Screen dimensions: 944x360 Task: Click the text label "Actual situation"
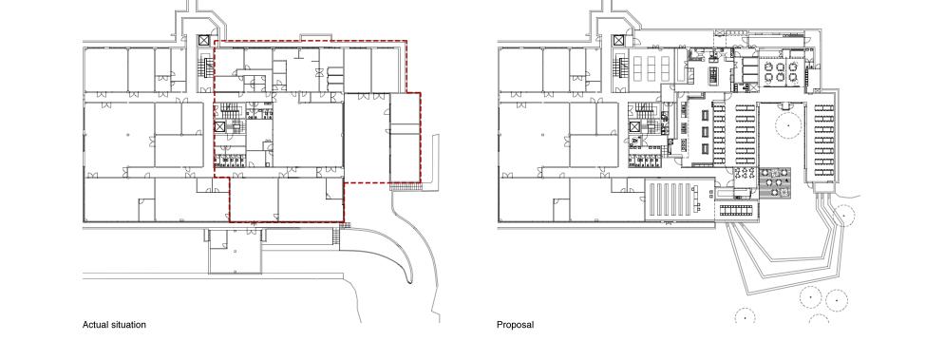point(114,325)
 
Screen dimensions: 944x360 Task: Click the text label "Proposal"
point(515,325)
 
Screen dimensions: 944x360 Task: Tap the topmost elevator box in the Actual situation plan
point(204,40)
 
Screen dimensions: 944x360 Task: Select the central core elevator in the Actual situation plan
point(220,126)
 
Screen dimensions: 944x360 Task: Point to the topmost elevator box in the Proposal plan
point(619,40)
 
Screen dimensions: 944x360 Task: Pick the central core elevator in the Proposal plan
point(635,126)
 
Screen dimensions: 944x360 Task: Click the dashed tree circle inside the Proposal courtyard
point(787,125)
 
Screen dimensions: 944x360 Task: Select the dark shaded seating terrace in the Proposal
point(774,183)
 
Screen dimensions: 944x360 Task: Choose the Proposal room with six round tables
point(781,71)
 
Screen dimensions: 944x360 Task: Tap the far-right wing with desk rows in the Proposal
point(823,140)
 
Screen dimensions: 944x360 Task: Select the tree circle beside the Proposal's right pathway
point(844,215)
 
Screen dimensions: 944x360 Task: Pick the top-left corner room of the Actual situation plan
point(106,70)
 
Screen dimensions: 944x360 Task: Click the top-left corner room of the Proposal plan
point(520,70)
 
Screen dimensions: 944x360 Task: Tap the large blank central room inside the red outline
point(309,131)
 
